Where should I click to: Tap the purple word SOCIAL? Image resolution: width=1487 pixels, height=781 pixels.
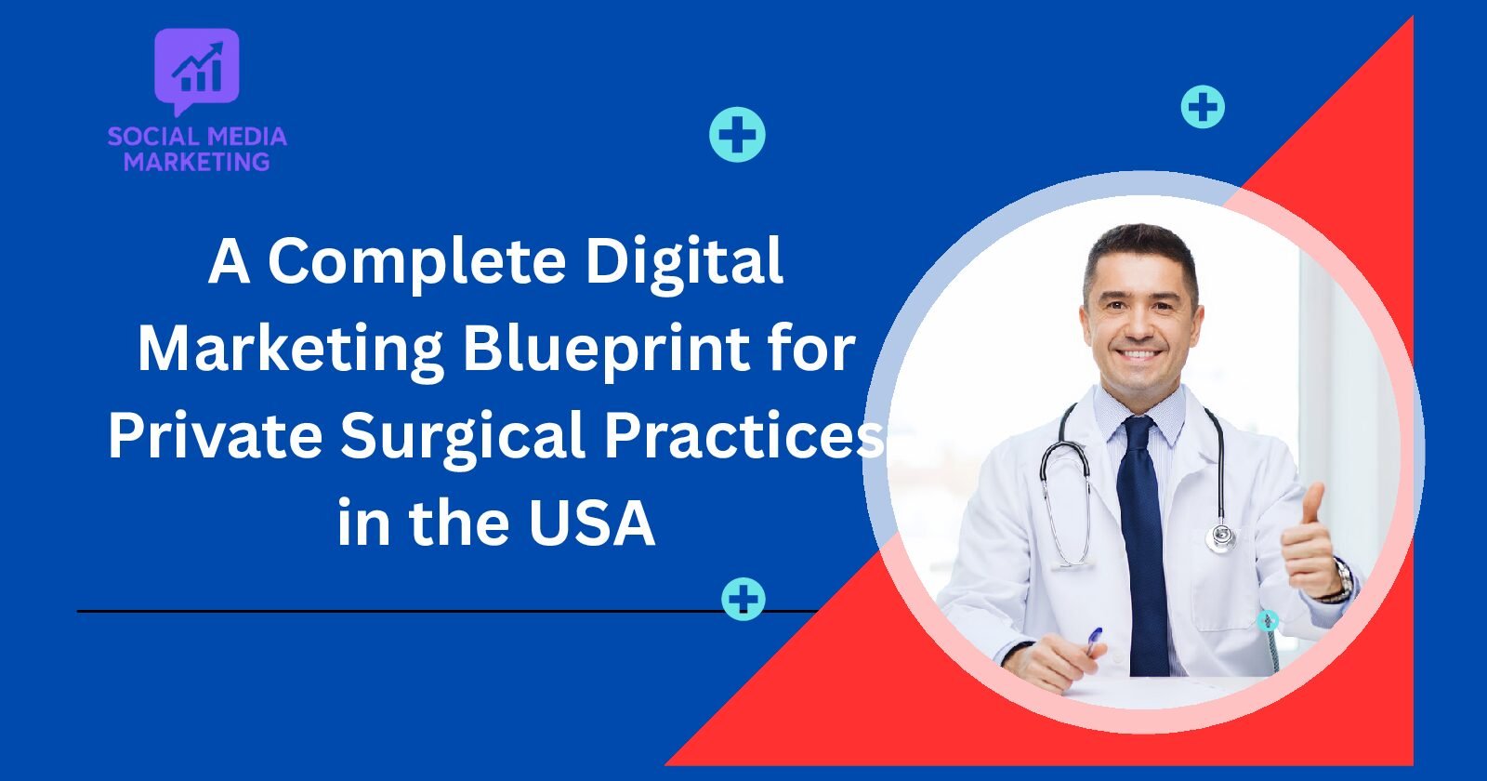[x=152, y=137]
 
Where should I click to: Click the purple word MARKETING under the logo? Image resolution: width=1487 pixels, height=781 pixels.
[x=196, y=162]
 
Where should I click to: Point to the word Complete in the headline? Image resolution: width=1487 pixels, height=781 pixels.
[x=417, y=262]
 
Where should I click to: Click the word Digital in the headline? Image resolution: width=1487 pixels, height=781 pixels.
[x=684, y=260]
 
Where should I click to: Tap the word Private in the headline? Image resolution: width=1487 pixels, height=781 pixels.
[x=215, y=435]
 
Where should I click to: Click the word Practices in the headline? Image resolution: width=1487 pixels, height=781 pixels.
[x=743, y=435]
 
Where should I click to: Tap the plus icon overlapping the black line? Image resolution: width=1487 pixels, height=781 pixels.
[x=743, y=599]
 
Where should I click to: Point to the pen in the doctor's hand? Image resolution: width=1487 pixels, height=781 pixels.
[x=1093, y=642]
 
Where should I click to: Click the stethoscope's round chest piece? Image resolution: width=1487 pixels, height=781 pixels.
[x=1220, y=536]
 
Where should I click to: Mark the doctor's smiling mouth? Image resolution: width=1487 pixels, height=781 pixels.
[x=1139, y=355]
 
